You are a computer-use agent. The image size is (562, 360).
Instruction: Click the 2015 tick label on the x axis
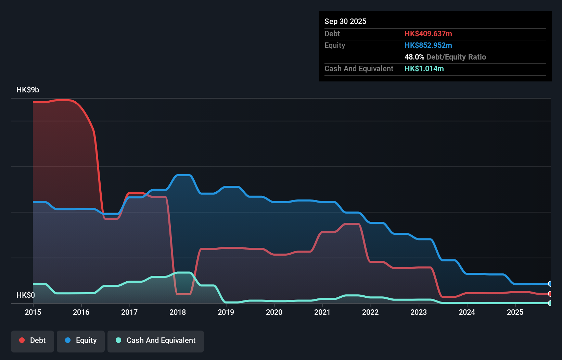[33, 312]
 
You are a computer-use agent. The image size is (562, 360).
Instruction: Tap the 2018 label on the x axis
[178, 312]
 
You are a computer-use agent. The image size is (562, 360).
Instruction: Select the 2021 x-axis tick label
[322, 312]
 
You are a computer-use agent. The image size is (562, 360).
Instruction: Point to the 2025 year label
[515, 312]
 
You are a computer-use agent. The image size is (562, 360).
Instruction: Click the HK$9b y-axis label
[28, 90]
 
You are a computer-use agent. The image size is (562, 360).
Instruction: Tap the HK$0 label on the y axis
[26, 295]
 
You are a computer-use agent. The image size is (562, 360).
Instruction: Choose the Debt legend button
[33, 340]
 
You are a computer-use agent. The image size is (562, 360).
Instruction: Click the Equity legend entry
[81, 340]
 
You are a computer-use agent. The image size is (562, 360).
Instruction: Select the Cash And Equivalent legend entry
[156, 340]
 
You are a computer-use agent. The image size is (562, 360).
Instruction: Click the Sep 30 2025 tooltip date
[345, 21]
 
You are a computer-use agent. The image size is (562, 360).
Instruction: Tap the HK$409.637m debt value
[428, 34]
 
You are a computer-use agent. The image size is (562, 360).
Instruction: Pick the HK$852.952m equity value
[428, 45]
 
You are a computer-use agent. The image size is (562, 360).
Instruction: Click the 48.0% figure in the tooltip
[414, 57]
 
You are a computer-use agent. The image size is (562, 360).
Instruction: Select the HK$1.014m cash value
[424, 68]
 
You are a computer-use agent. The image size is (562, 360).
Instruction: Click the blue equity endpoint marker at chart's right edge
[550, 284]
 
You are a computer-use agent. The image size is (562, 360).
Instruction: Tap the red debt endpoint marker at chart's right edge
[550, 294]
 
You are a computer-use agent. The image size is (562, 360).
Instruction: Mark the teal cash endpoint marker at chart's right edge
[550, 303]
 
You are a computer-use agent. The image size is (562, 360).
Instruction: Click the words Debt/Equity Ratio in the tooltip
[456, 57]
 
